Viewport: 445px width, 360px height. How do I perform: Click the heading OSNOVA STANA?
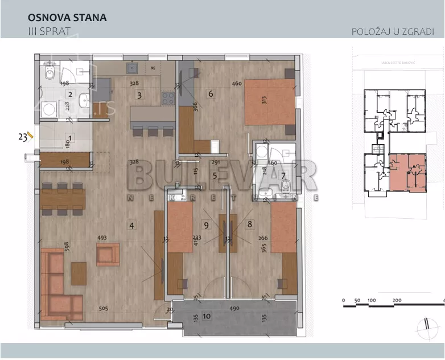click(67, 18)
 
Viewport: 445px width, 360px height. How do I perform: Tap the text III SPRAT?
click(49, 31)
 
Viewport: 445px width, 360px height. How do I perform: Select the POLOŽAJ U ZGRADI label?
click(393, 32)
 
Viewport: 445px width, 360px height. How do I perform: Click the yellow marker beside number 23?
click(31, 136)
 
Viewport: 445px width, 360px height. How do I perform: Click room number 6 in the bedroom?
click(211, 94)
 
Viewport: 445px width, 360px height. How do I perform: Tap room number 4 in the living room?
click(131, 225)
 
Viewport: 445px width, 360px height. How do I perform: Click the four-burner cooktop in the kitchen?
click(168, 99)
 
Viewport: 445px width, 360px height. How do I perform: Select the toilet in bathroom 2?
click(50, 72)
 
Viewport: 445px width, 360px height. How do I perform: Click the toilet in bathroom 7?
click(286, 186)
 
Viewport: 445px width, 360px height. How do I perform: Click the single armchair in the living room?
click(108, 254)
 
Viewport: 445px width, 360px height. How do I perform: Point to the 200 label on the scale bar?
click(397, 300)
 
